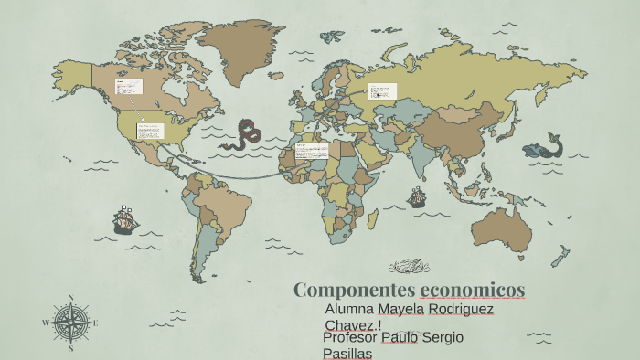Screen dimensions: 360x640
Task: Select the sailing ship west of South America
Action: point(124,219)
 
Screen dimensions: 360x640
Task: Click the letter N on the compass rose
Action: point(70,297)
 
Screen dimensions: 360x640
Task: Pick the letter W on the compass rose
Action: point(45,323)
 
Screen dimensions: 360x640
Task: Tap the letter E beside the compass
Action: point(95,323)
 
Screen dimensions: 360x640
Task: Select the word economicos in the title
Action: point(473,291)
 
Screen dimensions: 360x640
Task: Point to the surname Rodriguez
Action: point(463,310)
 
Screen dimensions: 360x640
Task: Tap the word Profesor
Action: point(350,338)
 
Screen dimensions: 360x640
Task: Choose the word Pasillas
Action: point(347,353)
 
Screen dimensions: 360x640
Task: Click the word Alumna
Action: point(349,310)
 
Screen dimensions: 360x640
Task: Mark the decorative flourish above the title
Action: point(409,267)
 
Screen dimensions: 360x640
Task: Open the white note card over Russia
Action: point(382,91)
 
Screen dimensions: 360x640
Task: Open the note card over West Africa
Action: point(311,151)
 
